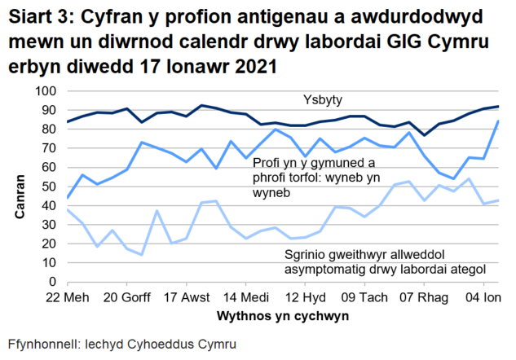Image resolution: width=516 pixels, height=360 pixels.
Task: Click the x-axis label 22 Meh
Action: click(68, 296)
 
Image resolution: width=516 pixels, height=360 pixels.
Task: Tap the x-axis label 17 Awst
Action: click(187, 296)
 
